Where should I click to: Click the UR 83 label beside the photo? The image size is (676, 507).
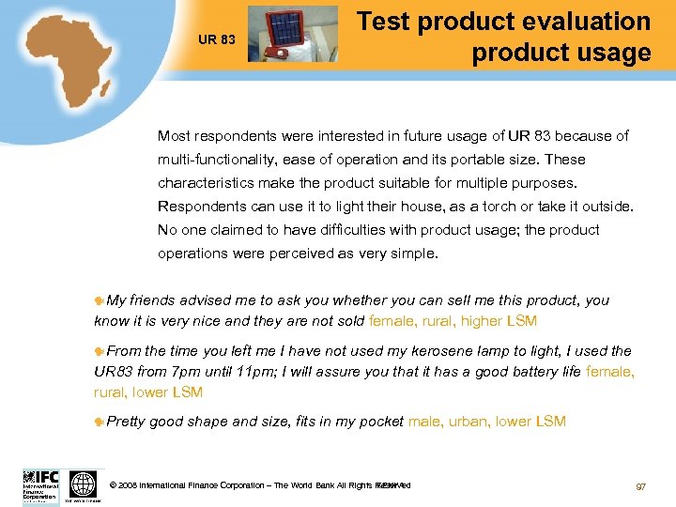pyautogui.click(x=216, y=39)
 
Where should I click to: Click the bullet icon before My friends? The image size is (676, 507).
pyautogui.click(x=100, y=301)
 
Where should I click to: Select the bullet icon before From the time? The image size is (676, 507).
pyautogui.click(x=100, y=351)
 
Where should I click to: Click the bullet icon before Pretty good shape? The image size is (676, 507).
pyautogui.click(x=100, y=422)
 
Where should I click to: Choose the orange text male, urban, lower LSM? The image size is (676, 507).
pyautogui.click(x=487, y=422)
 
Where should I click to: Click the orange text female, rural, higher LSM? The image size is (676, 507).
pyautogui.click(x=453, y=321)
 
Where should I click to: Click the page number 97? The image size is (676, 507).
pyautogui.click(x=641, y=486)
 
